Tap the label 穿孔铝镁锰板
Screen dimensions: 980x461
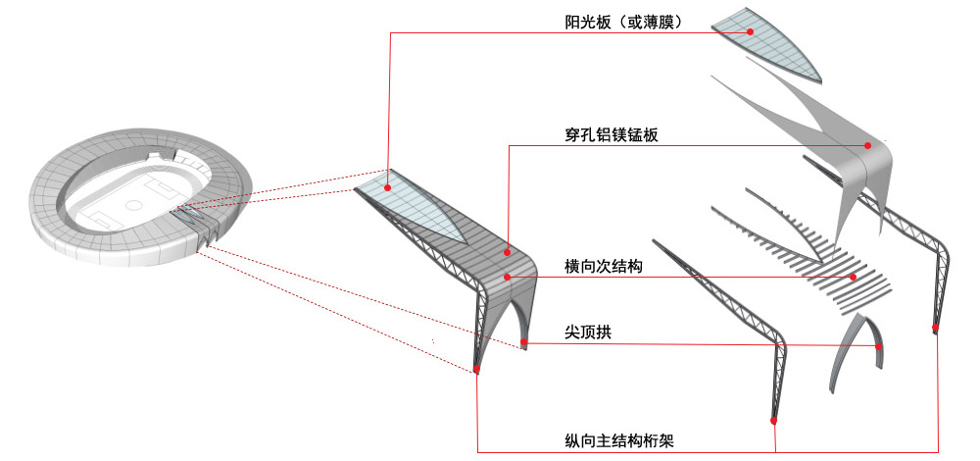point(612,135)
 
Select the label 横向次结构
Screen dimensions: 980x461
point(603,267)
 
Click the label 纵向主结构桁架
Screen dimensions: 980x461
point(618,441)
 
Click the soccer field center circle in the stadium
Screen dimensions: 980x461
point(133,205)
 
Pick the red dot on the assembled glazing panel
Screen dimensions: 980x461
point(387,187)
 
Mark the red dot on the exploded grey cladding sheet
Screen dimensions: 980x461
point(867,145)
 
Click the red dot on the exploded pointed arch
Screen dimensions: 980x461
point(878,346)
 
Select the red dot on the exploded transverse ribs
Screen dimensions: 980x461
point(853,277)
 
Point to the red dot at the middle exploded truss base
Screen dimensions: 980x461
point(774,421)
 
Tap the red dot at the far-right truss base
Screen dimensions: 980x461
point(936,328)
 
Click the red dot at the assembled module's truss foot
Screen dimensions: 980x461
point(477,369)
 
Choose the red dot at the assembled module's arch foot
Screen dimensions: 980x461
point(523,342)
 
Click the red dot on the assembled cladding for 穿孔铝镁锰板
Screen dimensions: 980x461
point(508,252)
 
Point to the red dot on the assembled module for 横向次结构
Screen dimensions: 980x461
point(507,277)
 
